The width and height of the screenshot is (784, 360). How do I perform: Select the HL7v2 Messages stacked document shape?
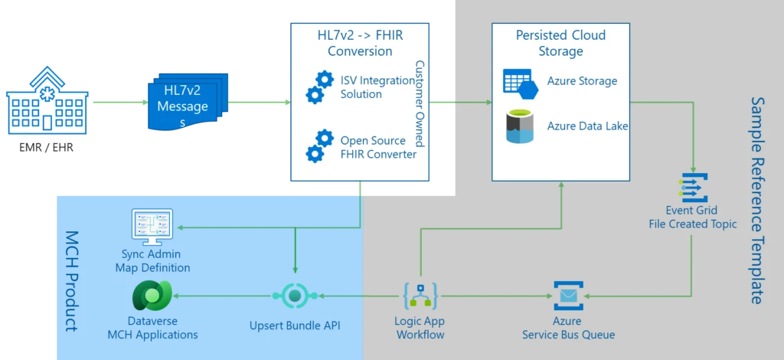pyautogui.click(x=183, y=101)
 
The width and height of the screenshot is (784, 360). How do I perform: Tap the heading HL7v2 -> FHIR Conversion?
pyautogui.click(x=359, y=44)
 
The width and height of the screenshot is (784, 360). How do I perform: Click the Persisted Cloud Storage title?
pyautogui.click(x=560, y=44)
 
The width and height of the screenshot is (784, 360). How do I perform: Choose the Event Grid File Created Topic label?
pyautogui.click(x=692, y=218)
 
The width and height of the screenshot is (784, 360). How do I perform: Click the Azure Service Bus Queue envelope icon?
pyautogui.click(x=568, y=296)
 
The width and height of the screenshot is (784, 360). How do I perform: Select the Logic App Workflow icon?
pyautogui.click(x=420, y=296)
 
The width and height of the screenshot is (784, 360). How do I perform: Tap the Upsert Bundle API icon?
pyautogui.click(x=295, y=296)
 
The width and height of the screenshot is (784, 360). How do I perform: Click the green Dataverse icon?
pyautogui.click(x=152, y=296)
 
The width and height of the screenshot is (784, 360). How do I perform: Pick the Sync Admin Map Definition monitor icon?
pyautogui.click(x=152, y=227)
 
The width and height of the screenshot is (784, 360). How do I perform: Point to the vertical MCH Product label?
pyautogui.click(x=71, y=280)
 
